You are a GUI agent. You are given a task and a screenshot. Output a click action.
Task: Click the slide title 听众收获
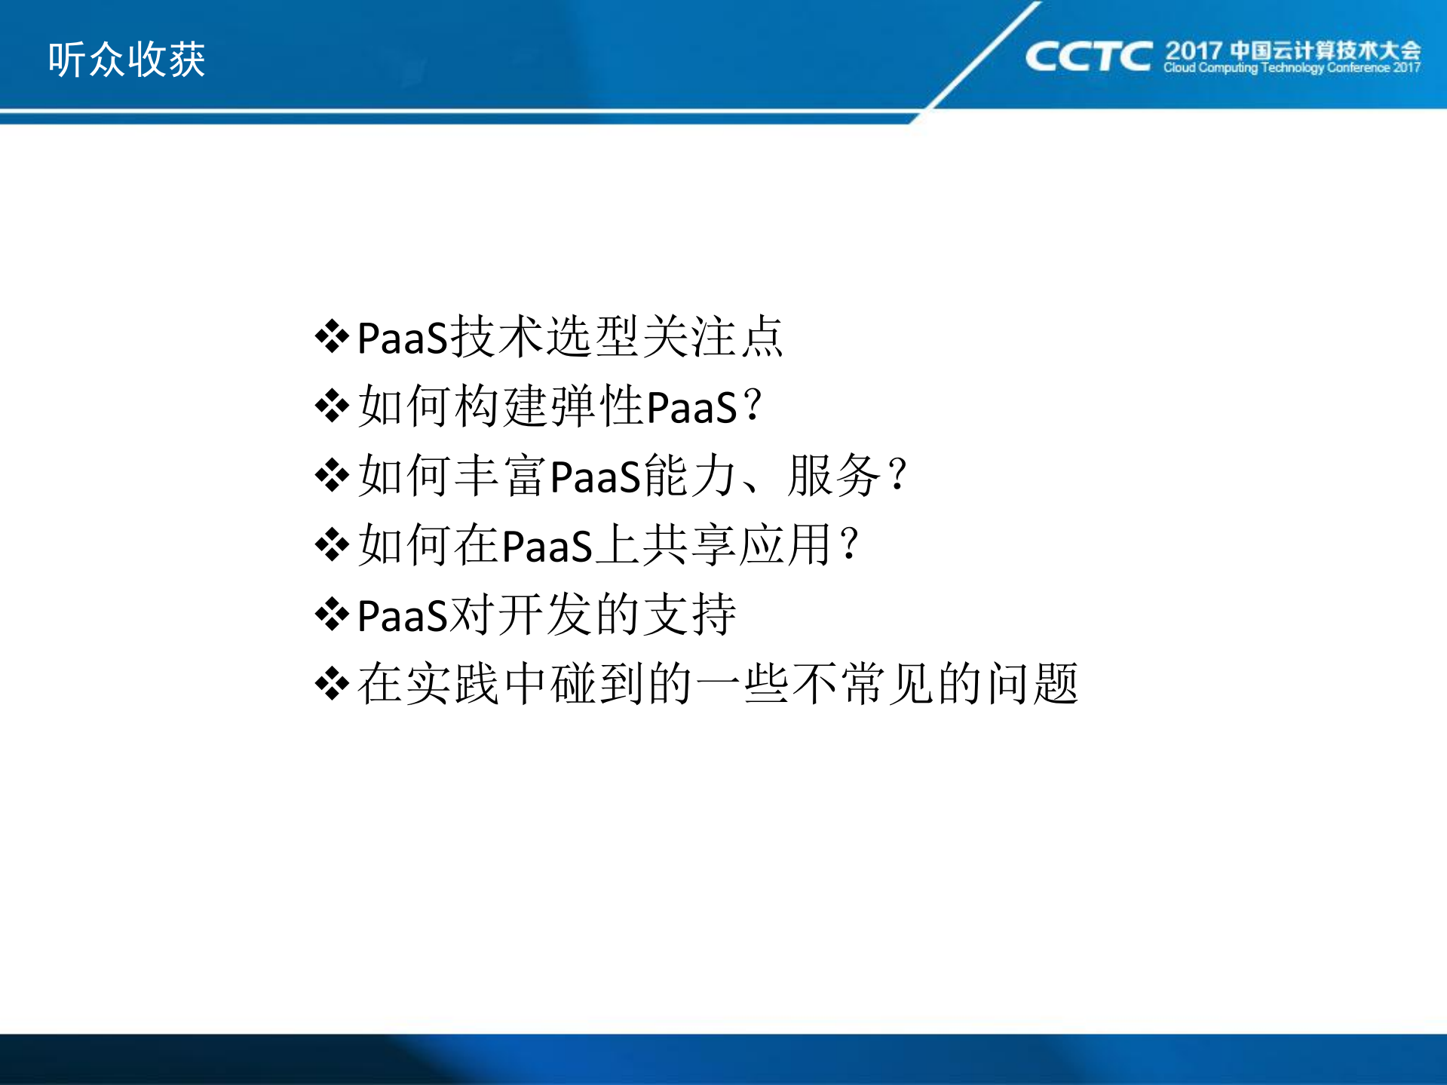127,60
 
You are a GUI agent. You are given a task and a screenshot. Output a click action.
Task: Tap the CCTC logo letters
1088,57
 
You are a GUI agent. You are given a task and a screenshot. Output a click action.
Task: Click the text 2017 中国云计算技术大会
1292,51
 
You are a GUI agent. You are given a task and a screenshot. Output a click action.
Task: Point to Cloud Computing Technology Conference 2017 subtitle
1292,68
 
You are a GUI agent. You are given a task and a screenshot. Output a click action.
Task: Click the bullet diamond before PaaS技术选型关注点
332,336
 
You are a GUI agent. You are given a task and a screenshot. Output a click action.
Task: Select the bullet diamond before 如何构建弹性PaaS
332,406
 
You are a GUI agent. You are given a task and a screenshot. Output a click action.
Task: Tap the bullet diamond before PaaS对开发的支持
332,615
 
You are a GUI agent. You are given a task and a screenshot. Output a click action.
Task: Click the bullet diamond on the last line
332,684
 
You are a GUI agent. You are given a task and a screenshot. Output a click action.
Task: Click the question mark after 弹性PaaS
753,406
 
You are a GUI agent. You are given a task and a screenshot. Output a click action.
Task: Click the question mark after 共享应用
850,544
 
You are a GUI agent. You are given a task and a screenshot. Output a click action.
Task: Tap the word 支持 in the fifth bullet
691,614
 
